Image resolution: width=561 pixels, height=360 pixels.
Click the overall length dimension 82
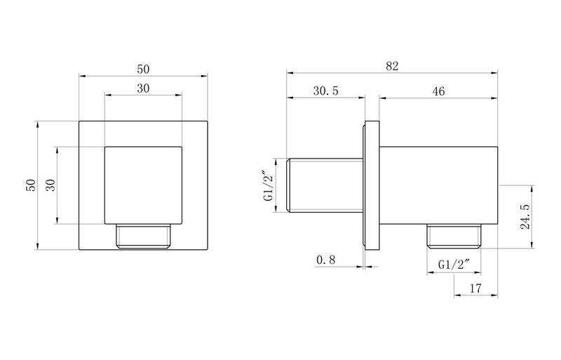click(392, 66)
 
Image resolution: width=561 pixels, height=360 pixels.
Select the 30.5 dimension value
click(326, 91)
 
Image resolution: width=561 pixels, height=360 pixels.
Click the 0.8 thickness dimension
click(326, 260)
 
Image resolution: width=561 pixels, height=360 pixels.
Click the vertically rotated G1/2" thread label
click(269, 186)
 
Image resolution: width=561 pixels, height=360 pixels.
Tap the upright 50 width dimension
click(143, 69)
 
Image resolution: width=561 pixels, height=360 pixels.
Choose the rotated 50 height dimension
click(31, 186)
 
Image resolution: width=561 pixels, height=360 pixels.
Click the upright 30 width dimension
click(143, 88)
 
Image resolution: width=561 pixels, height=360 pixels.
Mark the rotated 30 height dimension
click(50, 186)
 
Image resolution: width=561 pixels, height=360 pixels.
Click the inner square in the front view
click(143, 186)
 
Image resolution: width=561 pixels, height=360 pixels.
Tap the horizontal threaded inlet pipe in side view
click(325, 186)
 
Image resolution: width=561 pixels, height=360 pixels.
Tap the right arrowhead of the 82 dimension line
click(495, 74)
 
